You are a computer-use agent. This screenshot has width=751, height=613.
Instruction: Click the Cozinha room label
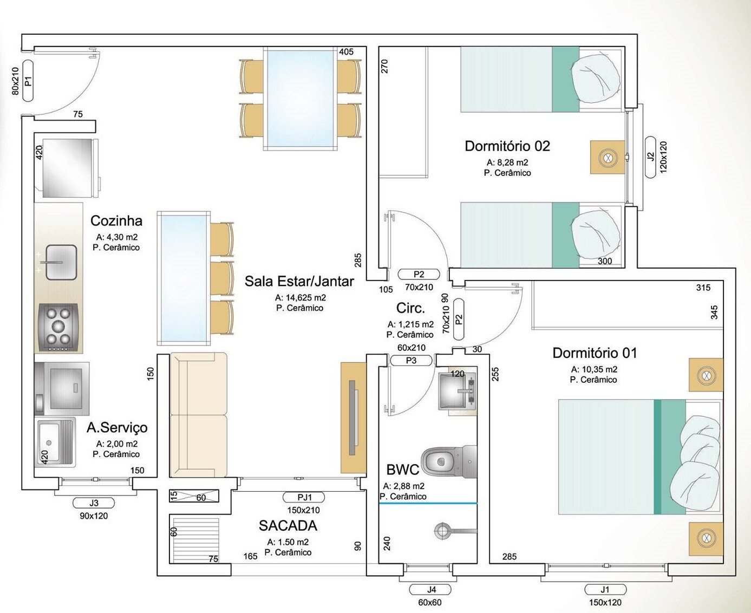click(x=116, y=221)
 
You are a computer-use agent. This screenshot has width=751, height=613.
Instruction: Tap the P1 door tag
click(x=28, y=81)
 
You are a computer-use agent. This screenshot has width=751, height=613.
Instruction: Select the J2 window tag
click(x=650, y=157)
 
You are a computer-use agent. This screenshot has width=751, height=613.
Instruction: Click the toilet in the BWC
click(x=449, y=461)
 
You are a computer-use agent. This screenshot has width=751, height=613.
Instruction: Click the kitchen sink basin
click(x=61, y=262)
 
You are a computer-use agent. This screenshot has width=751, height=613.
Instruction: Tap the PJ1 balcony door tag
click(x=303, y=497)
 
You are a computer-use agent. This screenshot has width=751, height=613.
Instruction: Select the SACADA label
click(x=288, y=526)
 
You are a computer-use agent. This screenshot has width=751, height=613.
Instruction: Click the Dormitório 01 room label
click(x=595, y=353)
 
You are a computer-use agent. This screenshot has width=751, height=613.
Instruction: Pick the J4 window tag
click(x=430, y=590)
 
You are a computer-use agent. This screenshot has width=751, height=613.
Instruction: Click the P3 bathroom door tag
click(x=411, y=361)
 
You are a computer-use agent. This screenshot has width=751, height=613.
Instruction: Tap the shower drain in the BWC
click(x=442, y=531)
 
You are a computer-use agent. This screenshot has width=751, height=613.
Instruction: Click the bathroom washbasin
click(x=457, y=390)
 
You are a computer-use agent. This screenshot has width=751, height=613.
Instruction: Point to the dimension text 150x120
click(x=605, y=602)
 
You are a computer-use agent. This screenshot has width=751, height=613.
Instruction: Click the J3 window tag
click(x=94, y=503)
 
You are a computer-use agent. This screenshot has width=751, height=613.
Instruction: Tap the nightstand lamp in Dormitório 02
click(x=608, y=157)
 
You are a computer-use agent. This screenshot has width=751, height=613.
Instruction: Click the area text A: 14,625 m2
click(x=300, y=297)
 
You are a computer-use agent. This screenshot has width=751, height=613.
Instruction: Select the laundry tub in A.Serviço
click(x=55, y=442)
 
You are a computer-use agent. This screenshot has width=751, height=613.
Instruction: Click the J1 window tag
click(x=605, y=590)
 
